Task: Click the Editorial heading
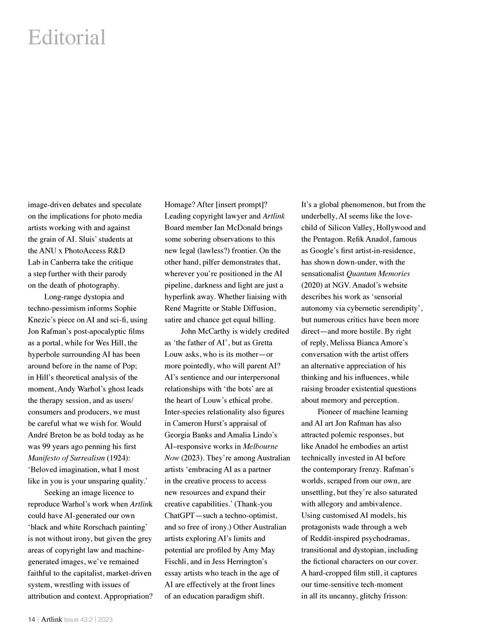tap(67, 38)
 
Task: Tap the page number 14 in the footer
tap(31, 619)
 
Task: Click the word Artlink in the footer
tap(52, 619)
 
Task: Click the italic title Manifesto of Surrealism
tap(66, 458)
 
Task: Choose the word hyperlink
tap(181, 296)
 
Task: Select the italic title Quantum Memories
tap(378, 273)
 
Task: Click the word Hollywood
tap(393, 227)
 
